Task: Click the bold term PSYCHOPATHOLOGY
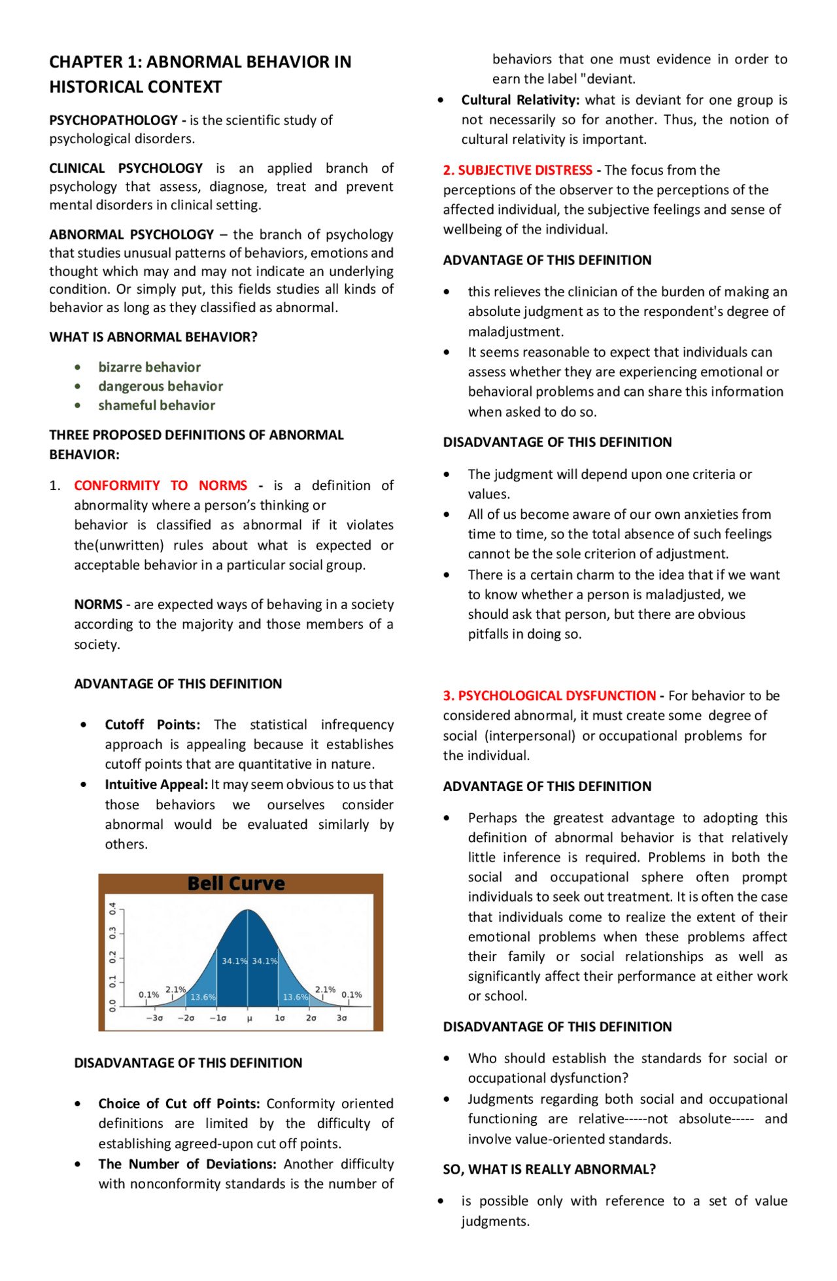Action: tap(113, 120)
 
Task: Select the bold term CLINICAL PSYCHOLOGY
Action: tap(126, 168)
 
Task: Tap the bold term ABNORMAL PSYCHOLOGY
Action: tap(131, 234)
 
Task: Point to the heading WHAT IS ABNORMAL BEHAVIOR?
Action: tap(153, 337)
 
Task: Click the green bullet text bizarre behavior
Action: tap(149, 367)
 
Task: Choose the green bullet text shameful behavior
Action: tap(156, 406)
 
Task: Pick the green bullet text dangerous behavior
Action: tap(160, 387)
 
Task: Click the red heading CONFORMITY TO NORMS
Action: tap(160, 485)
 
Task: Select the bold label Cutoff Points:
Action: tap(152, 725)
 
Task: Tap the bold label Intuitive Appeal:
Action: tap(156, 784)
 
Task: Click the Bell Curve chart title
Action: tap(236, 884)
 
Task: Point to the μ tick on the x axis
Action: tap(249, 1019)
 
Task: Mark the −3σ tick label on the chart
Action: tap(154, 1019)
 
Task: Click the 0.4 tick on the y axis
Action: tap(112, 909)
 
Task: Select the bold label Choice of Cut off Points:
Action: tap(179, 1104)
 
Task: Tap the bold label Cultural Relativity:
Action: tap(520, 100)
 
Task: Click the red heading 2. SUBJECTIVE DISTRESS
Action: tap(517, 170)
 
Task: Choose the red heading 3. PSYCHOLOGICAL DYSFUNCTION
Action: tap(549, 695)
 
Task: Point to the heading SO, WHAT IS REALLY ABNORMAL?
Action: tap(549, 1169)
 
